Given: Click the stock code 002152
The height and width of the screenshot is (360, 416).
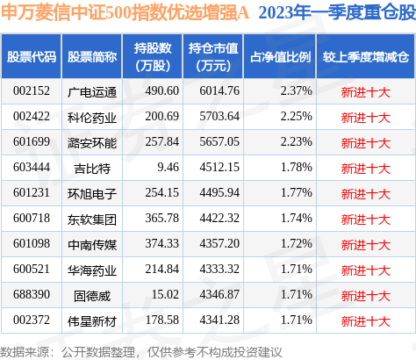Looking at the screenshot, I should tap(31, 90).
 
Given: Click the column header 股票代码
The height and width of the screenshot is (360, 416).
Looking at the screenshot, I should tap(32, 57).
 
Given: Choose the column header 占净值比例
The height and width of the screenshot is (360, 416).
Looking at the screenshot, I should tap(281, 57).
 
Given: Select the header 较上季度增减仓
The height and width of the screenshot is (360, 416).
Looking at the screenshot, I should tap(365, 57).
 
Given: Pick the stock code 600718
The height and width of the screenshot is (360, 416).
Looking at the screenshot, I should tap(31, 213).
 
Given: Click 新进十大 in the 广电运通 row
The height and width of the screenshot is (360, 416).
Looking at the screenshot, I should tap(365, 90).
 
